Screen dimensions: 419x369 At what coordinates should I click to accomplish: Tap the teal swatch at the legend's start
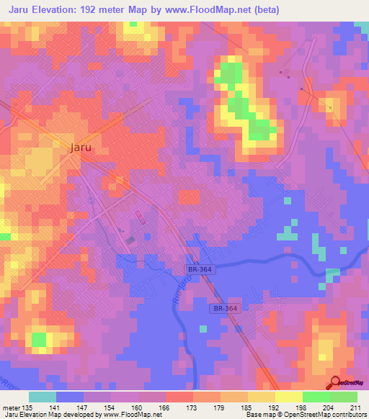click(43, 397)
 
